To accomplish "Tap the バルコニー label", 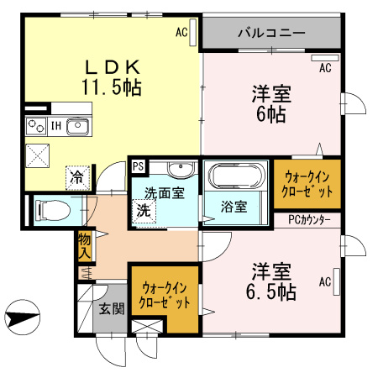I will pos(270,34).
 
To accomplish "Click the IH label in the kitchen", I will pos(55,126).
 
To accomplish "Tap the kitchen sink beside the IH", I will pos(77,127).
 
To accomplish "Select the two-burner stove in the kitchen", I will pos(36,127).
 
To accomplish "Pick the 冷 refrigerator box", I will pos(76,177).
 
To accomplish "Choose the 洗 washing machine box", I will pos(144,210).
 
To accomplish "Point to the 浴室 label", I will pos(234,205).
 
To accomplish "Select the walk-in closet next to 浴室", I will pos(308,184).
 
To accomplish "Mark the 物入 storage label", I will pos(84,244).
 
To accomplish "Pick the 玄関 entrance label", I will pos(112,308).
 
